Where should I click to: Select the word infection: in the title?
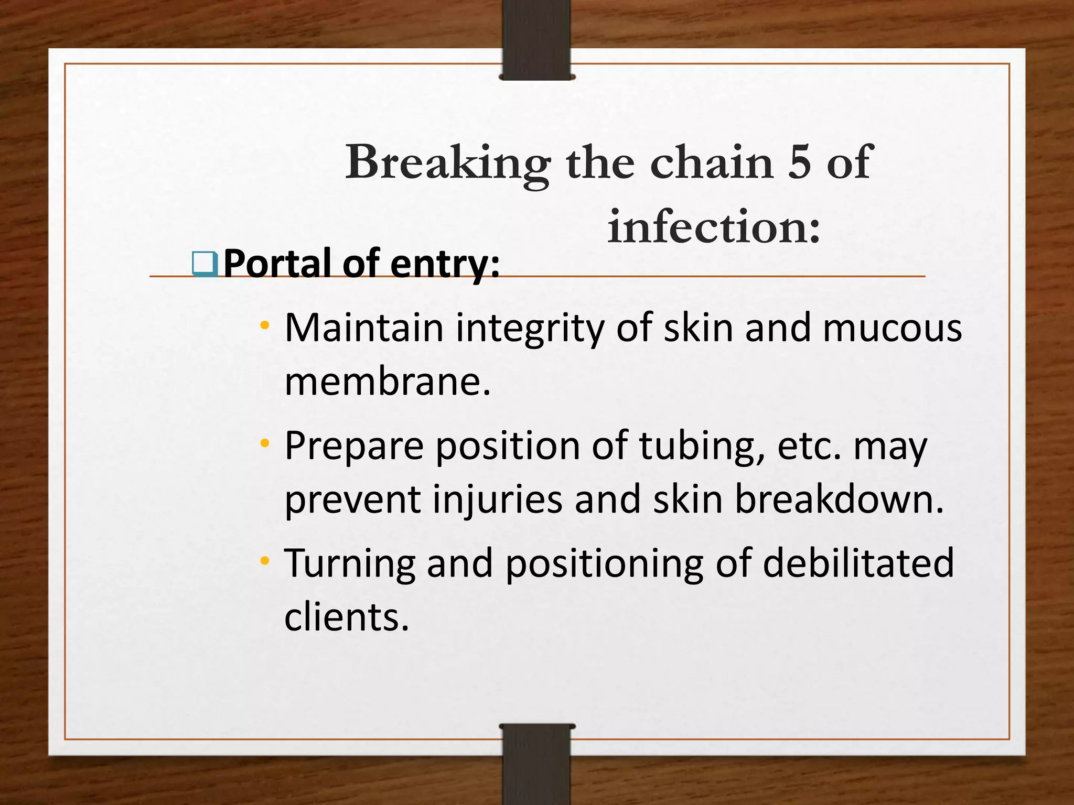[714, 227]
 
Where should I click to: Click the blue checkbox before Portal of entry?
[205, 264]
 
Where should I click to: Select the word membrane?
[388, 381]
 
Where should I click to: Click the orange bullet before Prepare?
[265, 443]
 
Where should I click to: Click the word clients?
[346, 617]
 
